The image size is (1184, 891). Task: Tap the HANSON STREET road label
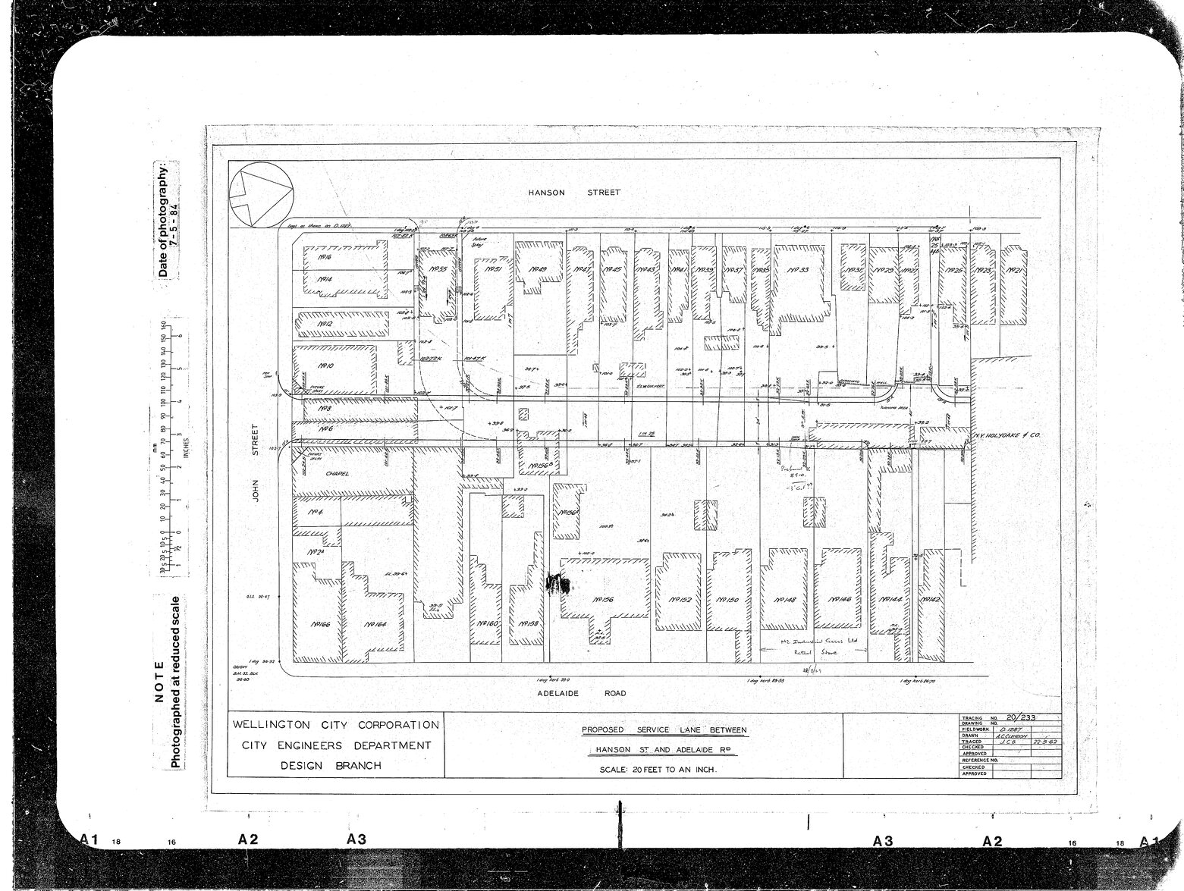pos(574,193)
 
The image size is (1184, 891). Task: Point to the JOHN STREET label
pos(256,464)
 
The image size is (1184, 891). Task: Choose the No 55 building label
pos(438,268)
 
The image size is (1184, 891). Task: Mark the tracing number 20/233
pos(1020,717)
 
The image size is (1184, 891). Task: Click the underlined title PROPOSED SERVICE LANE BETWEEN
pos(664,730)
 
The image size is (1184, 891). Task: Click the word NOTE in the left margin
pos(159,681)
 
